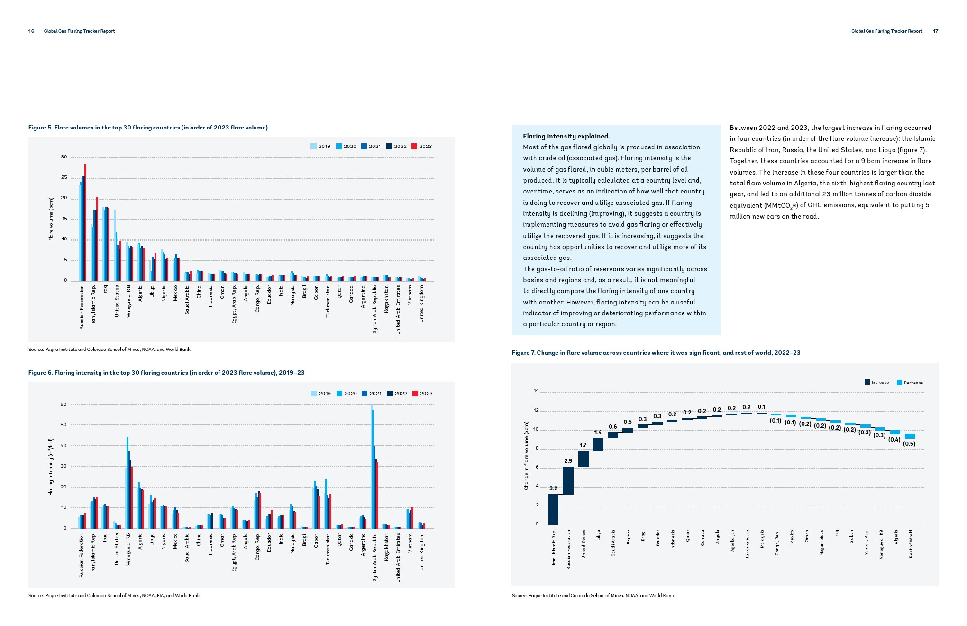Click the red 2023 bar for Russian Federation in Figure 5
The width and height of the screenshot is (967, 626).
pos(85,223)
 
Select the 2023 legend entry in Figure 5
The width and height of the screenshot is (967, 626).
pos(422,147)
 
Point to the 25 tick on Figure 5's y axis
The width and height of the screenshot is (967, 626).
pos(64,178)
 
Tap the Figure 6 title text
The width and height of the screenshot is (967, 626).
pos(166,373)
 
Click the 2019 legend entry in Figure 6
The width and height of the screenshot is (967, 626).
pos(321,394)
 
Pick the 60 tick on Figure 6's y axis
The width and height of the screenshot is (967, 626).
pos(64,405)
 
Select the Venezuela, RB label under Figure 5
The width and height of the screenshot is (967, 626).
pos(128,301)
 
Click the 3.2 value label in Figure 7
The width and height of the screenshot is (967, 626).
pos(553,488)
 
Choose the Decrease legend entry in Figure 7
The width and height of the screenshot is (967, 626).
pos(910,383)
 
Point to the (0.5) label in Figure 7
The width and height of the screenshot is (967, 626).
pos(909,444)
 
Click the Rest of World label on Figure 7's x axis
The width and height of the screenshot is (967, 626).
pos(911,544)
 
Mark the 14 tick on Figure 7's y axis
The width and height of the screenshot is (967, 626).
pos(536,391)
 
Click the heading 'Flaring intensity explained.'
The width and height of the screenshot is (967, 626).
pos(566,137)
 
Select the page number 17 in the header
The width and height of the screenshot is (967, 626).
pos(935,31)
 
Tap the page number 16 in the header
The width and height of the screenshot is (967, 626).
pos(31,31)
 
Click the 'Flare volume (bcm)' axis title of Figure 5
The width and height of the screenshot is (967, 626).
pos(51,219)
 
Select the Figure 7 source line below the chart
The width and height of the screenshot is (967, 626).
pos(593,596)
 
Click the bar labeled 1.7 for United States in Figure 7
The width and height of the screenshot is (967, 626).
pos(583,459)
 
